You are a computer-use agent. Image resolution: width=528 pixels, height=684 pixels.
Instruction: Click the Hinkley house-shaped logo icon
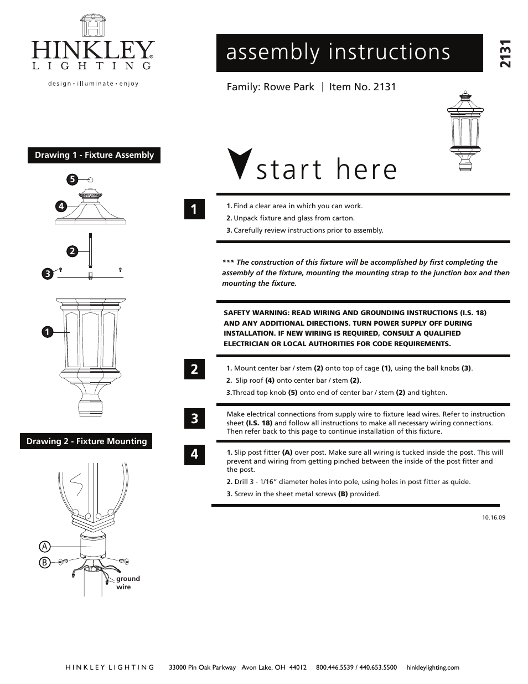(92, 26)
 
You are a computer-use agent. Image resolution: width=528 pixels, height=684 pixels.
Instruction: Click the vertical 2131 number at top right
(505, 54)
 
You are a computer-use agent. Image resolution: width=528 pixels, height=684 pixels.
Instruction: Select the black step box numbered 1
(194, 209)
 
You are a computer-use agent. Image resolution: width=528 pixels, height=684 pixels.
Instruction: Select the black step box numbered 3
(194, 419)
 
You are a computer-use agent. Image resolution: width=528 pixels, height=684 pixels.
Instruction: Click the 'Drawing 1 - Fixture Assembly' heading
(94, 155)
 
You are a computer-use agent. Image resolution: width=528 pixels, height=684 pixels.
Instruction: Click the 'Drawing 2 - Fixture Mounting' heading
(86, 441)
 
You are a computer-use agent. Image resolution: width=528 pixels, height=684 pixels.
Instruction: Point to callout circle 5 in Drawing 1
(71, 179)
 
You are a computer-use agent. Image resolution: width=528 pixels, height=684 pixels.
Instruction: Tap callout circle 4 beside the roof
(61, 207)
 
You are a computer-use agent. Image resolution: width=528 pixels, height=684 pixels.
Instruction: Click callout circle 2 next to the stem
(71, 251)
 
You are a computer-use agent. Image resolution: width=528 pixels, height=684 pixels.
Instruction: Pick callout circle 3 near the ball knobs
(48, 273)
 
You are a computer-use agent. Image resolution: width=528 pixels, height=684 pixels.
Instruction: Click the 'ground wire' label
(127, 583)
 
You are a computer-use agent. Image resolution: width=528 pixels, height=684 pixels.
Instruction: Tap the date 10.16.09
(494, 518)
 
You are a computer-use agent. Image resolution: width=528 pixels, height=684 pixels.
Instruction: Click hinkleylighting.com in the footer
(432, 667)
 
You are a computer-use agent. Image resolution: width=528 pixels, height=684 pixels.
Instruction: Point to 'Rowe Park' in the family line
(288, 87)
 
